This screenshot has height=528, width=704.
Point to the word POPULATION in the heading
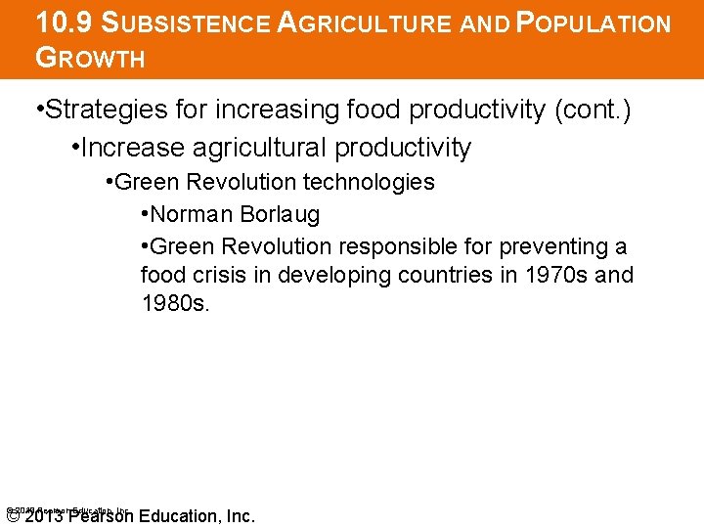click(x=583, y=22)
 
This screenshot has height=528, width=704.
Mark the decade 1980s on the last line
click(x=174, y=303)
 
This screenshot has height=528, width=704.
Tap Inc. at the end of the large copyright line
click(x=239, y=516)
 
